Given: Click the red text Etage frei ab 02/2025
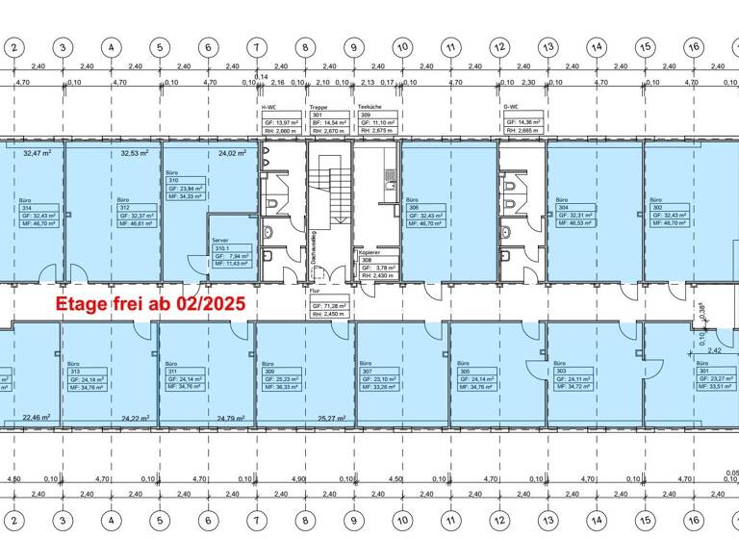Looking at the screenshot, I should tap(150, 302).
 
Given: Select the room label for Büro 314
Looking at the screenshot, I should tap(38, 213).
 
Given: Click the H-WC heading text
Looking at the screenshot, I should tap(270, 107).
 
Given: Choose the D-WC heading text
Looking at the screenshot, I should tap(512, 107).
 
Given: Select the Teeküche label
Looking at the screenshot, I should tap(371, 107).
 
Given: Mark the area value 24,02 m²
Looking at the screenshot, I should tap(232, 152).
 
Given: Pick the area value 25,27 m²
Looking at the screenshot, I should tap(332, 419).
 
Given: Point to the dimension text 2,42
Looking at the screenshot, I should tap(713, 351).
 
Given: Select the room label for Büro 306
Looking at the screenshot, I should tap(425, 213).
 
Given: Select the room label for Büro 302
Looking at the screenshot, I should tap(671, 213).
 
